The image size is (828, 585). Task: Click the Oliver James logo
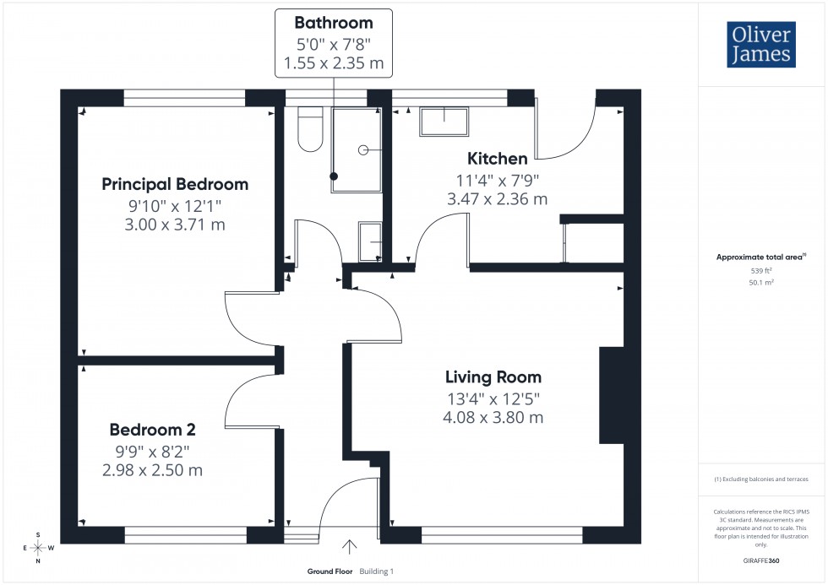(762, 45)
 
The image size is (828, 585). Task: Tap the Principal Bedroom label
(175, 184)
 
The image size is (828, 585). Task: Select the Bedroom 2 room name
(151, 430)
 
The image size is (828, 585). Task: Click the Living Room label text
(494, 377)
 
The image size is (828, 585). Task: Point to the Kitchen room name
(498, 158)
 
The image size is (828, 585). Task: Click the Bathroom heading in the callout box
(333, 23)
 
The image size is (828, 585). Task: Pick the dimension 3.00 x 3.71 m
(175, 225)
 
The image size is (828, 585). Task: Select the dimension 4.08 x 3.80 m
(494, 417)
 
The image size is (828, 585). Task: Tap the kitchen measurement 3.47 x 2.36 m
(498, 199)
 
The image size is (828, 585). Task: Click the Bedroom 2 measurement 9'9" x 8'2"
(151, 451)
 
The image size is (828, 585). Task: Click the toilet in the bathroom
(310, 132)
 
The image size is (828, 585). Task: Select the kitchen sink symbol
(444, 122)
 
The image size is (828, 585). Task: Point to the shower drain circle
(363, 149)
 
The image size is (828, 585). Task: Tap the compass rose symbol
(38, 548)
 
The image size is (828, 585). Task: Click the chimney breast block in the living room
(612, 396)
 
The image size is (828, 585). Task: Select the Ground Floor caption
(330, 571)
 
